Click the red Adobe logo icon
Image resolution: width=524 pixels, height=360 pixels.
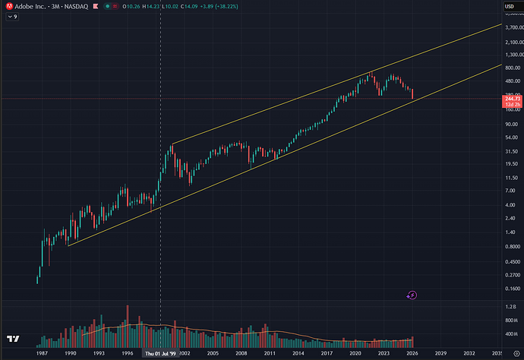coord(8,8)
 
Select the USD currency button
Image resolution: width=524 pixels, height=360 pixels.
coord(508,8)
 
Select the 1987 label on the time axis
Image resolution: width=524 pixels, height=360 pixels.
coord(41,353)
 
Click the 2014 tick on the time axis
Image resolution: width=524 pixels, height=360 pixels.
coord(298,353)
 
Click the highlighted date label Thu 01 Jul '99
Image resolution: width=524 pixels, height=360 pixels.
coord(160,353)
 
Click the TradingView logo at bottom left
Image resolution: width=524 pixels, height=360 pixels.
coord(14,339)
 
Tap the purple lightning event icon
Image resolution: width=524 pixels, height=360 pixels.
coord(413,294)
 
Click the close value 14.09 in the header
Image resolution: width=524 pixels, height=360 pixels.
coord(197,8)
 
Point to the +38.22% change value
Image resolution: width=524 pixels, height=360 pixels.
coord(238,8)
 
